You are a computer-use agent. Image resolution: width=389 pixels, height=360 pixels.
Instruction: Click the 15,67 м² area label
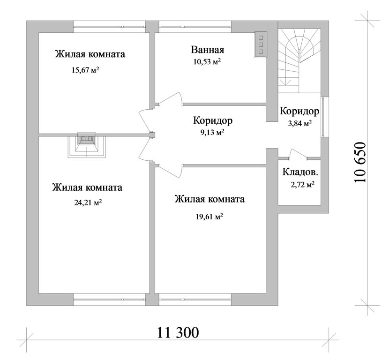86,70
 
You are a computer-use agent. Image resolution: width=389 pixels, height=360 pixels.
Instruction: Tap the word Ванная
208,50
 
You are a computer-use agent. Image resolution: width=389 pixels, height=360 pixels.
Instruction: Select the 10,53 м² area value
207,62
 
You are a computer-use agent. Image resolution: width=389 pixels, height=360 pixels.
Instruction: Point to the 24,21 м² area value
88,203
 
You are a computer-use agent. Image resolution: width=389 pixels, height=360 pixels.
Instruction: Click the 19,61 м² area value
209,217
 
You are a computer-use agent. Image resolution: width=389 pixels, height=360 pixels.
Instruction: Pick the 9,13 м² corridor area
212,133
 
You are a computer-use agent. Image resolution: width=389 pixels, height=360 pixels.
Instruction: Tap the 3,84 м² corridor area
299,123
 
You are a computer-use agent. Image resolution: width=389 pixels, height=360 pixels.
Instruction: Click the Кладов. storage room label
300,172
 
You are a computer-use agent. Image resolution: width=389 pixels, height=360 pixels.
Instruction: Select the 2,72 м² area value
303,185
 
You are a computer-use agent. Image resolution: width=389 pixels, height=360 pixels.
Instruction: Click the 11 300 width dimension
178,332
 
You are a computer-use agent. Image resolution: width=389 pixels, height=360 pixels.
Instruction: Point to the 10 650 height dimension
360,162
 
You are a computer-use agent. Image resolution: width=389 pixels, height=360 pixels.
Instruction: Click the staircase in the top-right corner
299,61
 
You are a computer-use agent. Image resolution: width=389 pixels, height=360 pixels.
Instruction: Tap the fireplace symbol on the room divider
87,145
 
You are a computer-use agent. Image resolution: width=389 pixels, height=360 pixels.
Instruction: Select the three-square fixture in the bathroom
261,45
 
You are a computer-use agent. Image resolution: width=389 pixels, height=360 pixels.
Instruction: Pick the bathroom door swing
171,99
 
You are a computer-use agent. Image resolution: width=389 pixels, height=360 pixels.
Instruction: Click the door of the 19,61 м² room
171,171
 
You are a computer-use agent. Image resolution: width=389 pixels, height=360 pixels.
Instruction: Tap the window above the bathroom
195,27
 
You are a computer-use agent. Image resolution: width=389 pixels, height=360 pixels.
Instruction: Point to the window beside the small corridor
324,117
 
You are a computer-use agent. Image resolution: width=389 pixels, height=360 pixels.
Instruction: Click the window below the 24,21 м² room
109,300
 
